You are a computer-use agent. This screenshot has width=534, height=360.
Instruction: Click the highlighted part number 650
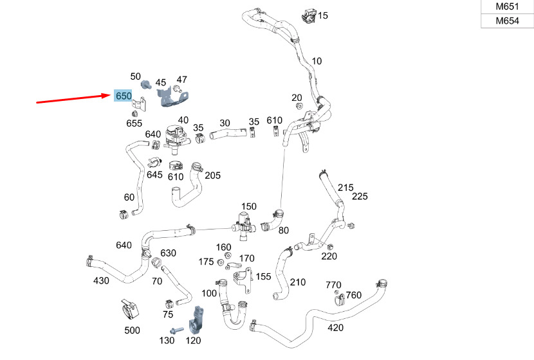pos(124,96)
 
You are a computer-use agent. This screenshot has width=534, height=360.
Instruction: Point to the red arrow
pos(73,98)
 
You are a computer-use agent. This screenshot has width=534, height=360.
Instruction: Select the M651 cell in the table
pos(507,6)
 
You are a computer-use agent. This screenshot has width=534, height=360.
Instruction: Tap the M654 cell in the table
pos(507,21)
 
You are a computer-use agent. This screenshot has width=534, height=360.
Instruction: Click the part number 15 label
pos(322,15)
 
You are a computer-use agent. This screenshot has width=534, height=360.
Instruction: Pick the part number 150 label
pos(248,206)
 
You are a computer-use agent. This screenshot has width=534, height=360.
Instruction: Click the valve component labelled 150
pos(242,225)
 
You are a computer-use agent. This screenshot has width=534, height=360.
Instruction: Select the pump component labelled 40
pos(176,137)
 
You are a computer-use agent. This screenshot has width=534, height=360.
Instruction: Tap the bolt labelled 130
pos(177,330)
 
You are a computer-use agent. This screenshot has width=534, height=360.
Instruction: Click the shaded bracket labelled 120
pos(196,321)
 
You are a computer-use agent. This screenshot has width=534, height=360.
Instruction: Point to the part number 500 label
pos(132,330)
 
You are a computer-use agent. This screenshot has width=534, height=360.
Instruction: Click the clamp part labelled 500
pos(130,309)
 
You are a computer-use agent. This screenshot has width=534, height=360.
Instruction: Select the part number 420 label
pos(335,328)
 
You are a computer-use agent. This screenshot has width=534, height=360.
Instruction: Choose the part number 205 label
pos(212,175)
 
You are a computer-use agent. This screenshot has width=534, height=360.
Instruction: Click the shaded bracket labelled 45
pos(172,98)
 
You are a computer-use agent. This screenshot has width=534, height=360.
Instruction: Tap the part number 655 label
pos(134,123)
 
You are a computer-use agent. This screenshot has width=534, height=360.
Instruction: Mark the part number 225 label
pos(360,196)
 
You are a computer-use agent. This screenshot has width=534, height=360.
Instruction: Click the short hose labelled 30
pos(228,133)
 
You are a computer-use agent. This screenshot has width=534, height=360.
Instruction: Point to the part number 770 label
pos(333,285)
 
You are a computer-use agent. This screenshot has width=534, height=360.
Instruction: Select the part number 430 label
pos(101,281)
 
